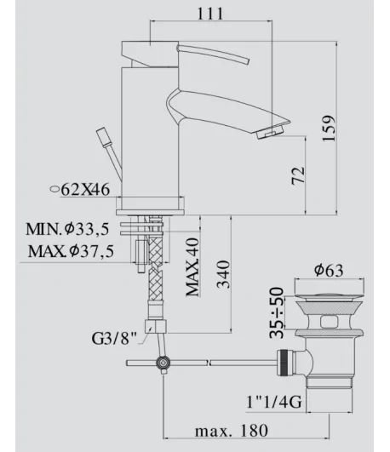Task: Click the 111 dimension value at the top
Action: pos(210,14)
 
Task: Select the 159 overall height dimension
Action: pos(329,129)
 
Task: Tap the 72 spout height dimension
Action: pos(298,175)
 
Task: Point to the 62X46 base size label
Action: pos(86,190)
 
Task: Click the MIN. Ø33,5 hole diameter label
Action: pos(67,229)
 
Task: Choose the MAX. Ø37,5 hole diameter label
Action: pos(71,251)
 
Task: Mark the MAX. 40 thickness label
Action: pos(192,267)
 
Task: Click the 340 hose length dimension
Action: pos(224,274)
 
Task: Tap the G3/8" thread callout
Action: pos(114,338)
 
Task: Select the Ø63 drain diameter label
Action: pos(329,271)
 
